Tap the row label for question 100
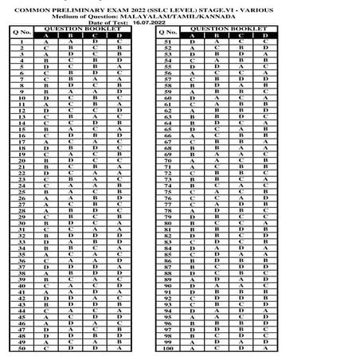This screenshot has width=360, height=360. tap(168, 348)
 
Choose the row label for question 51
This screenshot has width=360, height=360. tap(168, 41)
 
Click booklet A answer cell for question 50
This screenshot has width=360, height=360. tap(46, 348)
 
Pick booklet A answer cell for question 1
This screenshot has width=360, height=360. tap(46, 41)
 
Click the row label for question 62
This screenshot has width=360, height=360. tap(168, 110)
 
